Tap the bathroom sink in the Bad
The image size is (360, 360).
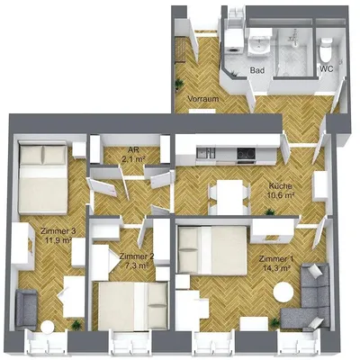point(261,40)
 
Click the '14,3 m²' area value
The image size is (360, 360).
point(276,267)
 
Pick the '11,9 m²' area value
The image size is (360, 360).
point(57,241)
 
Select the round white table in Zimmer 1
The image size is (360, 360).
point(284,293)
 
